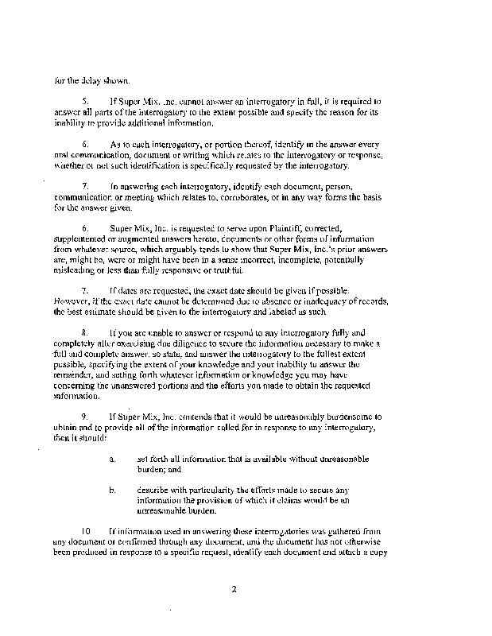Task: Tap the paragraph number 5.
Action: [x=84, y=103]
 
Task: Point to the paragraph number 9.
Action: [x=84, y=416]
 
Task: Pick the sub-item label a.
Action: [x=113, y=459]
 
